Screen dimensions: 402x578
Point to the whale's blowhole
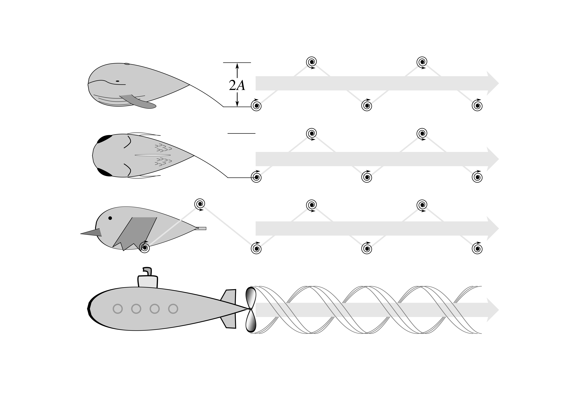tap(127, 64)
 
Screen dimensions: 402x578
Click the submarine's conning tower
tap(148, 282)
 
